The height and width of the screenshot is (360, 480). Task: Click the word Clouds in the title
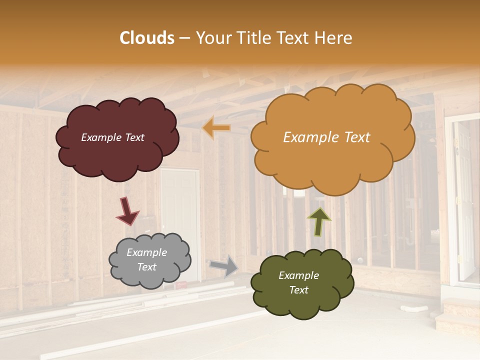147,38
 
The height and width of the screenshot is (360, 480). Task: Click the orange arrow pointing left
216,128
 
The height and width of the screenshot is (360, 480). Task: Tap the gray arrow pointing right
223,265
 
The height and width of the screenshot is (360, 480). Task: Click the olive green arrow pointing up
318,221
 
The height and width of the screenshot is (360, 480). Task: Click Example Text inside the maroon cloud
112,137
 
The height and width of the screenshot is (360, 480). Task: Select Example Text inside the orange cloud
326,137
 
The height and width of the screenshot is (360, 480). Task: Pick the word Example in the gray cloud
146,253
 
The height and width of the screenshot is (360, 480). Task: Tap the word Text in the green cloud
298,290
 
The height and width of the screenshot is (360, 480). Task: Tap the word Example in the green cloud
298,275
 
